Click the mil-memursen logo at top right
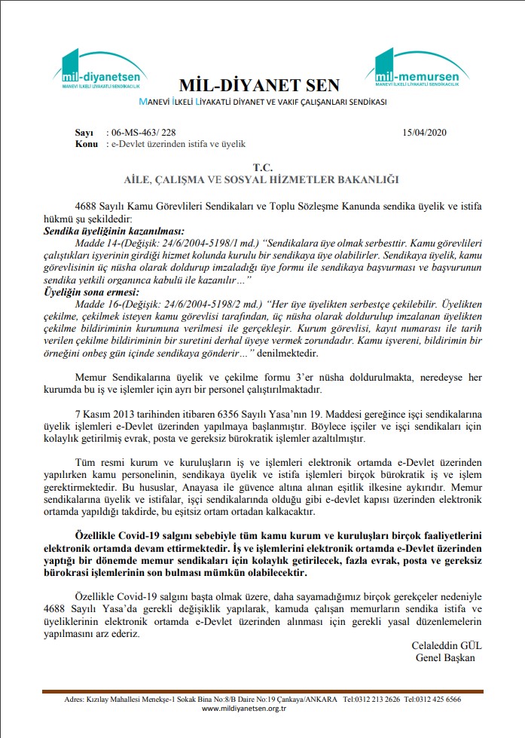coord(419,70)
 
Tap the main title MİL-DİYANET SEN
coord(260,84)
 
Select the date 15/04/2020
coord(426,132)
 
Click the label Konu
coord(87,142)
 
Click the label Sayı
coord(84,132)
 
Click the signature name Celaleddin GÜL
coord(447,646)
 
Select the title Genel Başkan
coord(446,657)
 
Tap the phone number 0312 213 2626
coord(382,699)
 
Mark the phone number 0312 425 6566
coord(444,699)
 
